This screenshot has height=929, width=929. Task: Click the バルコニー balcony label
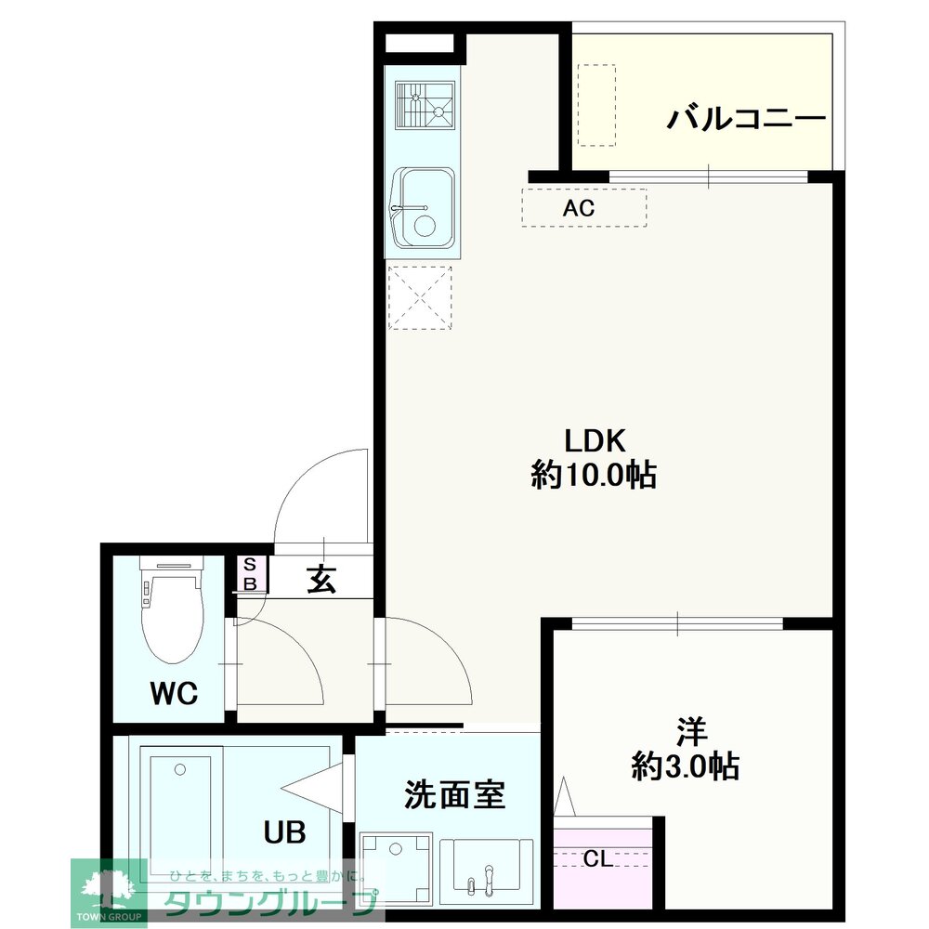tap(746, 119)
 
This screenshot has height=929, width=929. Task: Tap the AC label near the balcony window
tap(578, 208)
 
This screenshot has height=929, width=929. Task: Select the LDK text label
tap(595, 440)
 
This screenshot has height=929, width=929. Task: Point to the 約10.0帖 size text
tap(593, 475)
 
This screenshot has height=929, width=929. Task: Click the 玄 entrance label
tap(321, 578)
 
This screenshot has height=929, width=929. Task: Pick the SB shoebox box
tap(250, 573)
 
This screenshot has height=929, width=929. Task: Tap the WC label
tap(174, 693)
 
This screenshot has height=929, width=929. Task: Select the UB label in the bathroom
tap(284, 831)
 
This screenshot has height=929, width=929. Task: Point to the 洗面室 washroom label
tap(454, 794)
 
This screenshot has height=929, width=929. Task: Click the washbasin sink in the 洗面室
tap(487, 864)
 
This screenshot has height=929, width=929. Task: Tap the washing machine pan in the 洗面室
tap(396, 867)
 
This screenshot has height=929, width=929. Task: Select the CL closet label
tap(597, 858)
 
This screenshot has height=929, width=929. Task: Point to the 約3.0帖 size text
tap(686, 765)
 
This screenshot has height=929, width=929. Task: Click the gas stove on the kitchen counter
tap(425, 106)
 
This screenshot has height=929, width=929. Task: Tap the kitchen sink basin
tap(423, 207)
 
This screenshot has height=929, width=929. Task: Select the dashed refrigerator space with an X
tap(420, 297)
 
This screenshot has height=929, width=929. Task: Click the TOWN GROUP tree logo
tap(109, 890)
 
